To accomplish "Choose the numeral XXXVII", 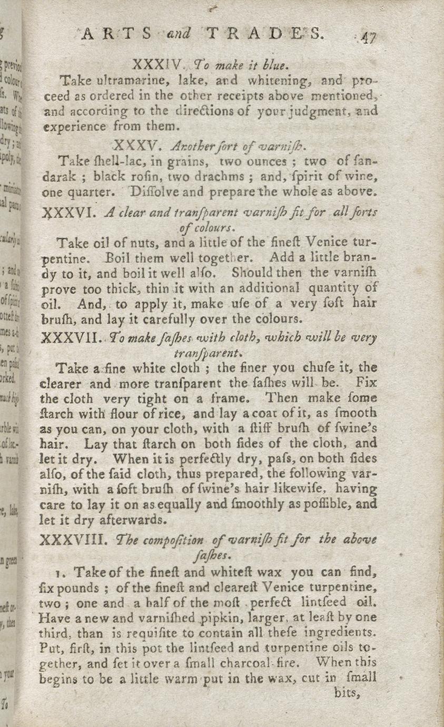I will click(71, 338).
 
